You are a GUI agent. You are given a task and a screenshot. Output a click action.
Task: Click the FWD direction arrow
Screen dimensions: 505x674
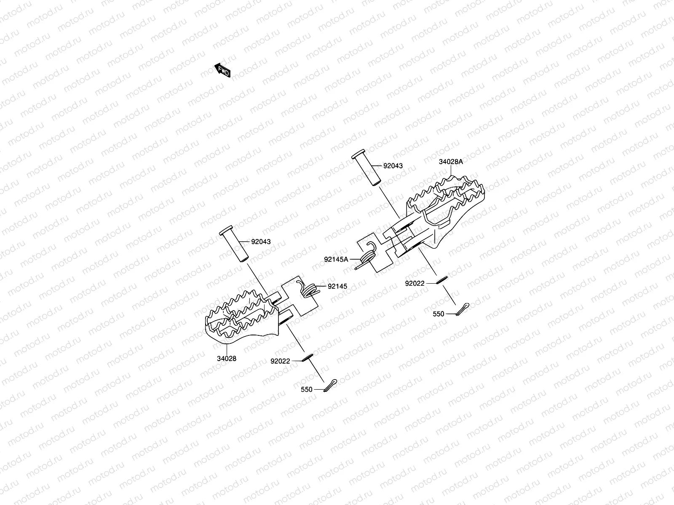pyautogui.click(x=222, y=71)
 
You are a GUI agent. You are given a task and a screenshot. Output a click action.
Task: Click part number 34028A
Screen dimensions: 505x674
pyautogui.click(x=451, y=162)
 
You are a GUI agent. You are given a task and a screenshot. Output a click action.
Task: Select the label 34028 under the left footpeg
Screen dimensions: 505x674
pyautogui.click(x=227, y=359)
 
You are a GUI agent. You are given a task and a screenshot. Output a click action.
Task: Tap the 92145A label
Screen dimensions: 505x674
pyautogui.click(x=336, y=259)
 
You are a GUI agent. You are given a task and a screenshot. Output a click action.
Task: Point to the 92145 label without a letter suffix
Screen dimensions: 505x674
pyautogui.click(x=337, y=286)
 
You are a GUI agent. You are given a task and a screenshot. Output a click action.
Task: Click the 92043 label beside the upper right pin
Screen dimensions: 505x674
pyautogui.click(x=393, y=166)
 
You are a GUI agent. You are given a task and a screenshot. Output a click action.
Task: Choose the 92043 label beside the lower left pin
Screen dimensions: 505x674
pyautogui.click(x=261, y=242)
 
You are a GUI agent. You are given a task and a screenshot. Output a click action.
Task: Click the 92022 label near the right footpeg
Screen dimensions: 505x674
pyautogui.click(x=415, y=284)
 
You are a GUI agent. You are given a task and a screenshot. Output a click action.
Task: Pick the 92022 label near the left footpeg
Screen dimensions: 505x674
pyautogui.click(x=280, y=361)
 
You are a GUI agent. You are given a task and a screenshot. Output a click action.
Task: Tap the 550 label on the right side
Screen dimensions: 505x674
pyautogui.click(x=439, y=314)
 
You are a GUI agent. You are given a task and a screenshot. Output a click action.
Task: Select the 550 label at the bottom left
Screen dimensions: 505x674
pyautogui.click(x=307, y=390)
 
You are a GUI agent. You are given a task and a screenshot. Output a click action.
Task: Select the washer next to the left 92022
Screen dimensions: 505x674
pyautogui.click(x=307, y=357)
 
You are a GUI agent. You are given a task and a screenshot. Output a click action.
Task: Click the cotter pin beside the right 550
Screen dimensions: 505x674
pyautogui.click(x=463, y=309)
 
